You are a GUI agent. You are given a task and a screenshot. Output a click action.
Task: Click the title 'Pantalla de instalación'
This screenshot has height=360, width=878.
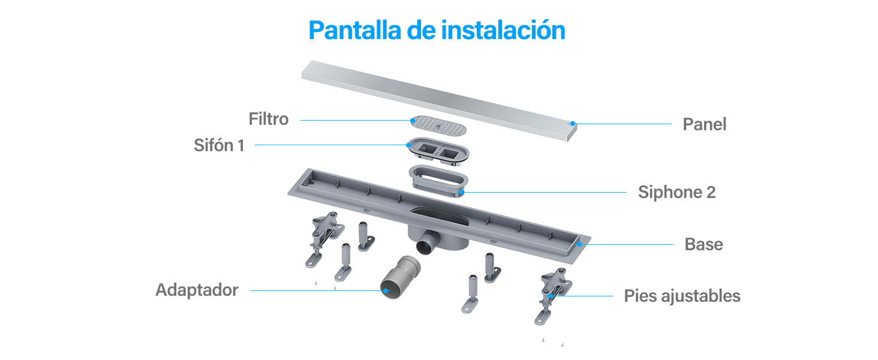pos(437,30)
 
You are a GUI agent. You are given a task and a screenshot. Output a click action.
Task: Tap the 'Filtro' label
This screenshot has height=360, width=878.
pos(269,119)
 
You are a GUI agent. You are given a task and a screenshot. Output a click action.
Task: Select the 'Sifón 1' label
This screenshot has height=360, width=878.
pos(219,145)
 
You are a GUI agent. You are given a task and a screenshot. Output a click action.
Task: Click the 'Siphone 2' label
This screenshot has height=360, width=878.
pos(677,192)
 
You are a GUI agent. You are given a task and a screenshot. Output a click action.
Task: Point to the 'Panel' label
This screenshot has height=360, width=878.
pos(704,124)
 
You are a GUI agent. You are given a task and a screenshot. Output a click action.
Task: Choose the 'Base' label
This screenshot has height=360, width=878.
pos(703,244)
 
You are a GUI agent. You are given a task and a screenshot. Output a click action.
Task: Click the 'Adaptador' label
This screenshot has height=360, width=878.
pos(197,290)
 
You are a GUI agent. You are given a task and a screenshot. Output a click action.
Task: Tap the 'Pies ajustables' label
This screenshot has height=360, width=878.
pos(682,296)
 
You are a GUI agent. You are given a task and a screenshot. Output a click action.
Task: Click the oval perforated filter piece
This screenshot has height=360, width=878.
pos(438,125)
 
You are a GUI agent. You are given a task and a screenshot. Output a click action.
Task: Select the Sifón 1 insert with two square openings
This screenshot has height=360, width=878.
pos(438,150)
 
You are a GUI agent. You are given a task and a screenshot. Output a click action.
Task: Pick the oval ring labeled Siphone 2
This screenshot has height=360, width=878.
pos(438,180)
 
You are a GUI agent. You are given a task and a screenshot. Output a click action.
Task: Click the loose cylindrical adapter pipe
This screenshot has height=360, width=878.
pos(400,277)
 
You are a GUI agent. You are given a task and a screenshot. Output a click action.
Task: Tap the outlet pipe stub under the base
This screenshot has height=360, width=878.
pos(428,243)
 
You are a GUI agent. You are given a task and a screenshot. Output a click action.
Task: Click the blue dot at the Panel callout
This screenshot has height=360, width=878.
pos(573,124)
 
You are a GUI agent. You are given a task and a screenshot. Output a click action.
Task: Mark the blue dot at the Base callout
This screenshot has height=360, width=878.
pos(579,244)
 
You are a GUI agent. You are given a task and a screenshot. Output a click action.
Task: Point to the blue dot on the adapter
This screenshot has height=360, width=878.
pos(386,290)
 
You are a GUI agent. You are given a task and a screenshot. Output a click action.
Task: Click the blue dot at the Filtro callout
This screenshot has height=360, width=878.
pos(413,121)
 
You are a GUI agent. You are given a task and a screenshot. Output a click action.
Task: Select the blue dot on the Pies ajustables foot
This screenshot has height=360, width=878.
pos(551,296)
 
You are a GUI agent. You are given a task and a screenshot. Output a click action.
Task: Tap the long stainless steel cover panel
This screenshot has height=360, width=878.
pos(439,100)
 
